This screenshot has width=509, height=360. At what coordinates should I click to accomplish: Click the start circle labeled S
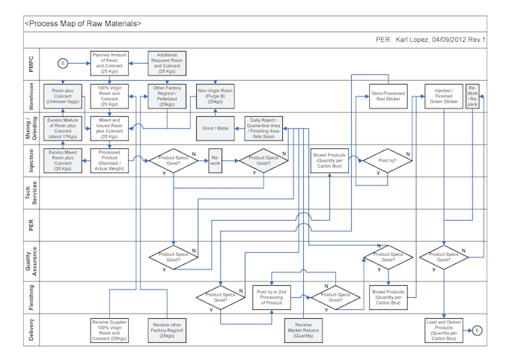[64, 64]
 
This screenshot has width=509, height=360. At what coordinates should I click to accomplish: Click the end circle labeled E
[478, 330]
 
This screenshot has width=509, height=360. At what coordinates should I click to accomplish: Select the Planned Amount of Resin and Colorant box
[109, 64]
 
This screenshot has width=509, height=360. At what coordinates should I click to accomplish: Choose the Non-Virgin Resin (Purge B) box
[216, 95]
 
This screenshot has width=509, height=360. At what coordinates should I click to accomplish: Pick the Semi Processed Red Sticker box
[388, 96]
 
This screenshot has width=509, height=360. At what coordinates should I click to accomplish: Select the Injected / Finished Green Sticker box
[445, 95]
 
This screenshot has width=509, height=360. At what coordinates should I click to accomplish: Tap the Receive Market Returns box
[303, 330]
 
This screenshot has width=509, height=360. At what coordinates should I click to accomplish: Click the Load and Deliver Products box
[444, 330]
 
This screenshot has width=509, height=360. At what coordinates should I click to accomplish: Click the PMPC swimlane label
[31, 64]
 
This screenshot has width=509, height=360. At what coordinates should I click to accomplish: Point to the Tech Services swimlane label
[31, 192]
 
